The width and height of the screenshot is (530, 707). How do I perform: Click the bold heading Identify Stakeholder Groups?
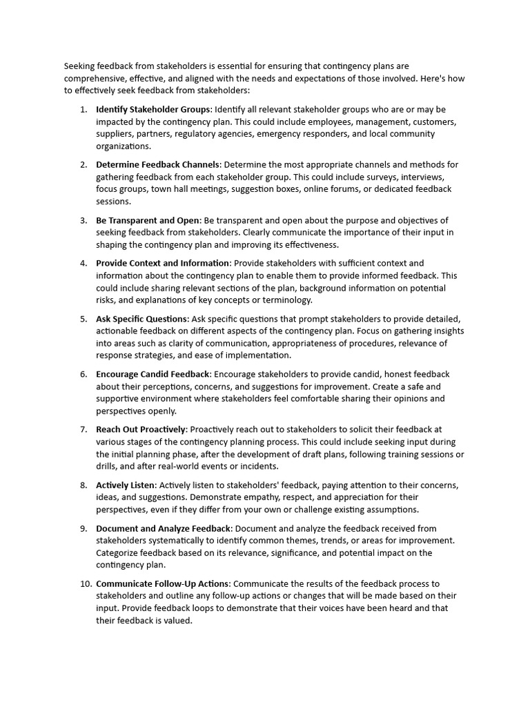(x=153, y=110)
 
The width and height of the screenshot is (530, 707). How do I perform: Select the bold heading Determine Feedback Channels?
(x=157, y=164)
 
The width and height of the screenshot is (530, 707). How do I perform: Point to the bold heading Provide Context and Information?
(x=163, y=263)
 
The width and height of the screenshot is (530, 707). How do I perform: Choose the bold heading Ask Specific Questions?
(x=141, y=318)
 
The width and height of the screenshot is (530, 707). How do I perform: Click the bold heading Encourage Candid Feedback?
(x=153, y=374)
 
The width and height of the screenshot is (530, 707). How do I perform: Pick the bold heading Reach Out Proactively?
(x=141, y=429)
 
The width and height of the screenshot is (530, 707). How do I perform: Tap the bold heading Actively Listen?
(x=126, y=485)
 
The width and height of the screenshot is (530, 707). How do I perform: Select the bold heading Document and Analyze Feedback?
(x=162, y=528)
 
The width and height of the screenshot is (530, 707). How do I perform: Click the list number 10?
(x=86, y=583)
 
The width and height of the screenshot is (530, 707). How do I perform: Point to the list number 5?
(x=84, y=318)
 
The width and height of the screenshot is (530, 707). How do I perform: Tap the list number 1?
(x=84, y=110)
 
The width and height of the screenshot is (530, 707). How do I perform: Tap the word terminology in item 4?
(x=286, y=300)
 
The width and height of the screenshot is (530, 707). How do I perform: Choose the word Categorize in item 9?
(x=118, y=552)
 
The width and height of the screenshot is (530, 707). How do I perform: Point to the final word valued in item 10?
(x=177, y=620)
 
